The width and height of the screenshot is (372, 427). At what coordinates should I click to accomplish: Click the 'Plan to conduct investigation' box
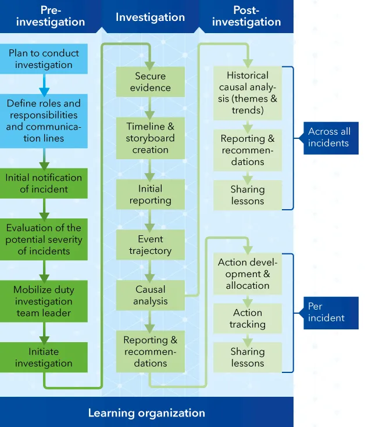(44, 59)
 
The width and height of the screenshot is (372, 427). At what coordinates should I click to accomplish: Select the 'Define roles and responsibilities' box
(44, 121)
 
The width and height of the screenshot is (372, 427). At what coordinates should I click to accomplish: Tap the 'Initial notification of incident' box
(44, 184)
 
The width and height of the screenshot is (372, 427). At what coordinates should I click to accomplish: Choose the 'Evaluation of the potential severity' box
(44, 239)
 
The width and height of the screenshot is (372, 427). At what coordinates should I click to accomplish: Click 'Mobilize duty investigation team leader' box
(44, 301)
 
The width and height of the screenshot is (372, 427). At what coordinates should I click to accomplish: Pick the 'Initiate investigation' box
(44, 357)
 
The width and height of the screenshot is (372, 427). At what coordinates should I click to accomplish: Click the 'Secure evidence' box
(150, 82)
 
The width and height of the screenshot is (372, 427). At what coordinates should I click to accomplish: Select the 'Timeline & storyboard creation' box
(150, 138)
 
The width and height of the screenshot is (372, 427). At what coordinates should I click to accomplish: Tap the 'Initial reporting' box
(150, 195)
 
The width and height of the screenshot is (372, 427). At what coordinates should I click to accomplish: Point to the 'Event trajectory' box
(150, 245)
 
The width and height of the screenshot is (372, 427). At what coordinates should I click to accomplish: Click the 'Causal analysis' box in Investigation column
(150, 295)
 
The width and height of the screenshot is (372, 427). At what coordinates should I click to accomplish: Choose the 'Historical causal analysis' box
(247, 93)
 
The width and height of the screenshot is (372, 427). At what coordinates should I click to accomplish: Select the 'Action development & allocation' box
(247, 274)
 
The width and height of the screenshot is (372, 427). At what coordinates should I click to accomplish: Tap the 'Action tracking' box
(247, 318)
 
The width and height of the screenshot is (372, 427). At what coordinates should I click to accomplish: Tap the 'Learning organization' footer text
(146, 413)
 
